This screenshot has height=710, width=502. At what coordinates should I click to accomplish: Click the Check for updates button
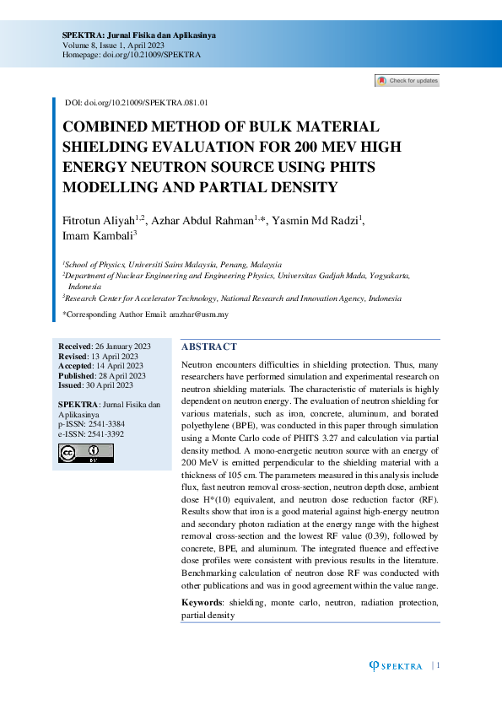pos(407,81)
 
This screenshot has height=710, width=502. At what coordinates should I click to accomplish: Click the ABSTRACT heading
pos(209,347)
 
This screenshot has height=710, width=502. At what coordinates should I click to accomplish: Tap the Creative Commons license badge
pos(85,453)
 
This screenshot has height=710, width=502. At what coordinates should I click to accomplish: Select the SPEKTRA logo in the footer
pos(397,666)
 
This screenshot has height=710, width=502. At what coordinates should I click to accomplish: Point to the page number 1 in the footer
pos(439,665)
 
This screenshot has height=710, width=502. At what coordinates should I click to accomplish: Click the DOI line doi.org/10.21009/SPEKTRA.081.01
pos(137,102)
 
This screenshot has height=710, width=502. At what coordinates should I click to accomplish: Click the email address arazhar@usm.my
pos(198,314)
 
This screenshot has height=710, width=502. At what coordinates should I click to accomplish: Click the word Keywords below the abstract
pos(202,603)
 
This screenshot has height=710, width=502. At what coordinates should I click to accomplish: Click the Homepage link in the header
pos(131,54)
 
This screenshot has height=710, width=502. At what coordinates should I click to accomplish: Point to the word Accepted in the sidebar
pos(76,366)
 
